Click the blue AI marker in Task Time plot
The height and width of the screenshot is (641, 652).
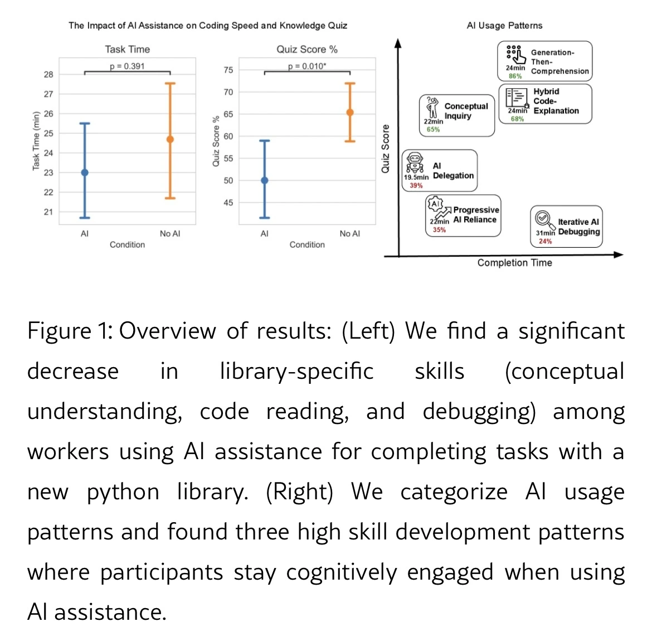(85, 172)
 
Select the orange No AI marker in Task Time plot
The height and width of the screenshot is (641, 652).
(170, 139)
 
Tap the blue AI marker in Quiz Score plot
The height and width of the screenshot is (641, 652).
(265, 180)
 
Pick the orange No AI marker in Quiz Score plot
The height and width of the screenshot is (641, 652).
(350, 112)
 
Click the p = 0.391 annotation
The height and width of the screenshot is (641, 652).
(127, 66)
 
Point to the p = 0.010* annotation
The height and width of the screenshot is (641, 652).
(307, 66)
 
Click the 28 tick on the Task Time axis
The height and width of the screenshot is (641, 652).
(48, 74)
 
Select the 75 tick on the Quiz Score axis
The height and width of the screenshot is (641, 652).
(228, 70)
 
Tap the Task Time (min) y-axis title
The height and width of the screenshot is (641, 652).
(36, 141)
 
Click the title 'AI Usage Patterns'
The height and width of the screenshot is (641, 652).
(504, 25)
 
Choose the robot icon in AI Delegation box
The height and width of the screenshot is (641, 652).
(414, 163)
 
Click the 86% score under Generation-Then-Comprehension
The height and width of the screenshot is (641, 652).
(515, 76)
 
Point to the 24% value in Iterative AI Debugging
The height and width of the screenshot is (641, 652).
(545, 242)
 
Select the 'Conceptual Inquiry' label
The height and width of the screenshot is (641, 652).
(466, 111)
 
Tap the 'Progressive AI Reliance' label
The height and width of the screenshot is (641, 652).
(475, 215)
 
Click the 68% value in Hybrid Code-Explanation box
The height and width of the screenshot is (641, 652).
(517, 119)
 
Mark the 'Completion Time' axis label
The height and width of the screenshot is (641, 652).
(514, 263)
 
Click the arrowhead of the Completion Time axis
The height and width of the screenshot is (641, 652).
(618, 255)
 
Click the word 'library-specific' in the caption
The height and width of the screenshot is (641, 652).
(296, 372)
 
